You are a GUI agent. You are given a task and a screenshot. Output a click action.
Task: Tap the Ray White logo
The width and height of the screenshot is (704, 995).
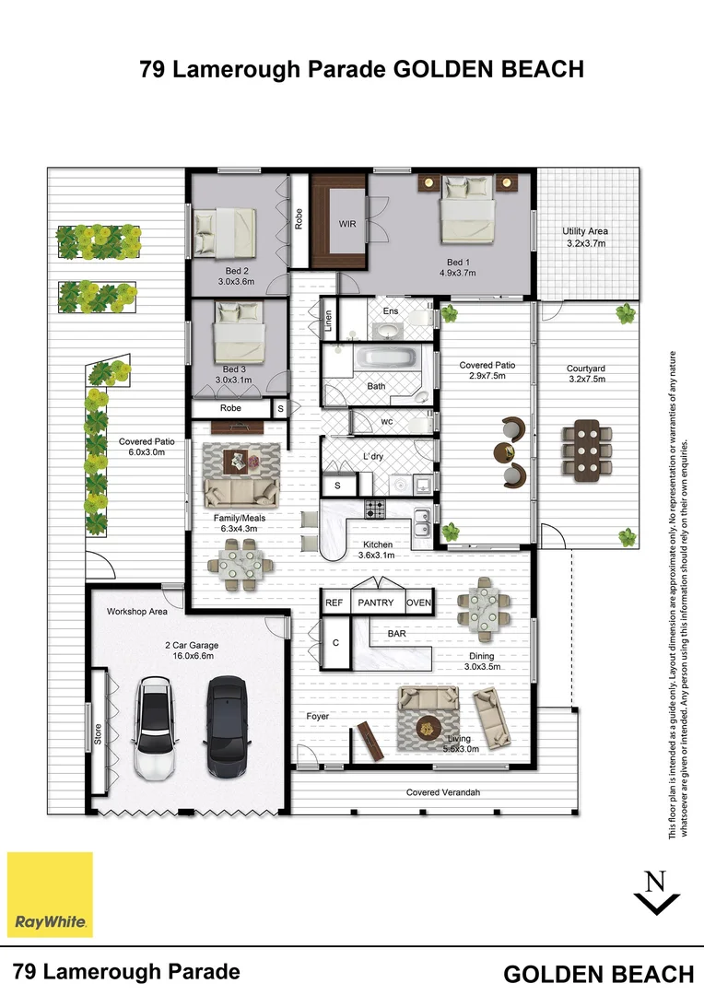[51, 895]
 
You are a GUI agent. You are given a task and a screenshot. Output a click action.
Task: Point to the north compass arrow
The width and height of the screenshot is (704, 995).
[657, 894]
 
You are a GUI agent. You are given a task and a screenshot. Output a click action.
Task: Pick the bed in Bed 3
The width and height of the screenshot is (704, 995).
[240, 334]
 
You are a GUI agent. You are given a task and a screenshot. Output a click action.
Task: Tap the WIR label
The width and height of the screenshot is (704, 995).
[347, 224]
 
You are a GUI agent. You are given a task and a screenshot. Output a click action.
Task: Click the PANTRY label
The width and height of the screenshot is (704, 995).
[376, 603]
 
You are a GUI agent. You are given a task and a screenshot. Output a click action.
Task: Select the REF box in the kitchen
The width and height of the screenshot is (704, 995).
[334, 603]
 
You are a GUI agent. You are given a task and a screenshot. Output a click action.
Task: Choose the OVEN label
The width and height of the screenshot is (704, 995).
[419, 603]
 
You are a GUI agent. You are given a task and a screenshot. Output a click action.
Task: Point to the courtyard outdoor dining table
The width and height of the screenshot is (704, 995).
[586, 447]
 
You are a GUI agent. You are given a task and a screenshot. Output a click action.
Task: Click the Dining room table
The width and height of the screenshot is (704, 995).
[482, 609]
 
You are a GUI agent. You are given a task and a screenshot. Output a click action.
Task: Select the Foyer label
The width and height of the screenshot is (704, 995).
[318, 716]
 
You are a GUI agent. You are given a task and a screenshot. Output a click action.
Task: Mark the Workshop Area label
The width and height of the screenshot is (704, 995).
[136, 611]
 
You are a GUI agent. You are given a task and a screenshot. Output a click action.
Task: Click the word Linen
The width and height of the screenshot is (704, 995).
[329, 321]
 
